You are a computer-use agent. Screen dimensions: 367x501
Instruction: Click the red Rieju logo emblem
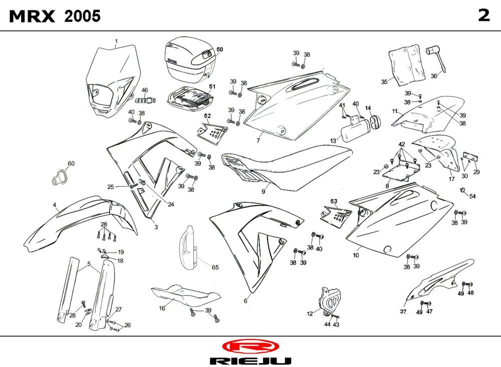point(249,346)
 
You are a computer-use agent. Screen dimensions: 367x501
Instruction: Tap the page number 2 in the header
point(483,16)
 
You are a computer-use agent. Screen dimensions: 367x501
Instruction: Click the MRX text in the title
point(33,16)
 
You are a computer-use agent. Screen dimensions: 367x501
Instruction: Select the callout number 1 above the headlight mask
point(116,41)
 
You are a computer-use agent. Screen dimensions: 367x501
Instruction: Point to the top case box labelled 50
point(188,60)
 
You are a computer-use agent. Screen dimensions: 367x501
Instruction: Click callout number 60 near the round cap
point(71,164)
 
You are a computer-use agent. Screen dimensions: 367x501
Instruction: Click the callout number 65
point(215,267)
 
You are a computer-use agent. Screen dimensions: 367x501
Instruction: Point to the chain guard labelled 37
point(441,282)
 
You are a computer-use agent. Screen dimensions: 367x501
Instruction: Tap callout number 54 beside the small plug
point(472,196)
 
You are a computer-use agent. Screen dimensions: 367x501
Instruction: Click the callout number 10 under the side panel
point(356,255)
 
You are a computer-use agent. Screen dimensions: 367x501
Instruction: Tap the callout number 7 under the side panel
point(259,140)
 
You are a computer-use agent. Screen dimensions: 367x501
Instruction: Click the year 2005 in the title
point(83,16)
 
